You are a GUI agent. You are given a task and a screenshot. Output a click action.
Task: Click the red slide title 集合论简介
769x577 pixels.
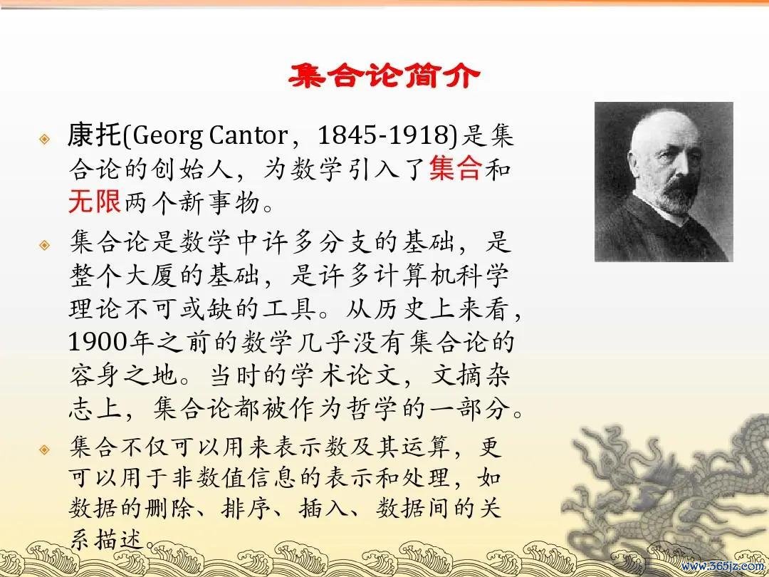[384, 76]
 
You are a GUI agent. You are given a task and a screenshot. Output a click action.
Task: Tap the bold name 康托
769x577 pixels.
[94, 135]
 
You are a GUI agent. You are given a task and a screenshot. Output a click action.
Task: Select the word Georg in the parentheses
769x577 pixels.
[167, 135]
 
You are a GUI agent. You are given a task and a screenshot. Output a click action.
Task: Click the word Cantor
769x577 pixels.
[249, 135]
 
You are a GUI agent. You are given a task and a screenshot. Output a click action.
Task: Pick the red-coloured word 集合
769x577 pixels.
[456, 168]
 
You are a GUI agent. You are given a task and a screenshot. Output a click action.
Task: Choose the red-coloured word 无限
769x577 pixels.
[94, 201]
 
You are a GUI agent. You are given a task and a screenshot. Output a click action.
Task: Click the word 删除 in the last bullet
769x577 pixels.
[171, 508]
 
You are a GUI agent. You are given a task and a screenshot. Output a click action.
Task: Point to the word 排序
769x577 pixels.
[246, 508]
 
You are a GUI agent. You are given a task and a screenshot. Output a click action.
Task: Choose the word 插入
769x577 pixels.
[324, 508]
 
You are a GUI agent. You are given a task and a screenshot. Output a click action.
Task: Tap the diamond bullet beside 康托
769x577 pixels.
[45, 139]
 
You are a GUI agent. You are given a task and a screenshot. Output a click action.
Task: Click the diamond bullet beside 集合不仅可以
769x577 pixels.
[45, 449]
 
